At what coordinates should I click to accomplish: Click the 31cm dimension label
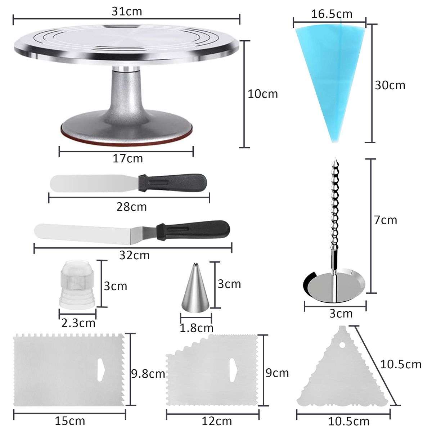coord(127,11)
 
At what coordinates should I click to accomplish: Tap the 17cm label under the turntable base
coord(128,158)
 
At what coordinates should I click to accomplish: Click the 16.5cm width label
coord(332,14)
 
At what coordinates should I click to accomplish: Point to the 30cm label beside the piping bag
coord(390,85)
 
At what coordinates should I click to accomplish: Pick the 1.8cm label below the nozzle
coord(197,328)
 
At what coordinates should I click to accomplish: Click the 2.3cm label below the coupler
coord(78,323)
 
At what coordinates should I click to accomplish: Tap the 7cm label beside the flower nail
coord(385,220)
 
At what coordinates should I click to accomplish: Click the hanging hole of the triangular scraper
coord(342,345)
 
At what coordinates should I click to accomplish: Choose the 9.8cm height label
coord(148,374)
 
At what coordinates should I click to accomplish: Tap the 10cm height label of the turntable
coord(263,94)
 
